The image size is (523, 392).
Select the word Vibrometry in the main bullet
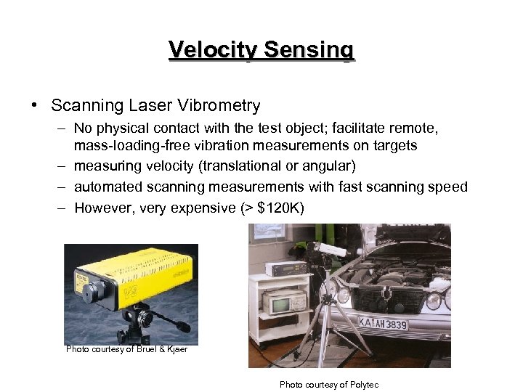click(221, 106)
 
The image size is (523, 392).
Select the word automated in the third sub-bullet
click(108, 187)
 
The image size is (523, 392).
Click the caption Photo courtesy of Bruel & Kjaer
click(126, 349)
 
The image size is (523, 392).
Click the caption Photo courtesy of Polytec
click(329, 385)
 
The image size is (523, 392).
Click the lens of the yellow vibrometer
click(89, 294)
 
